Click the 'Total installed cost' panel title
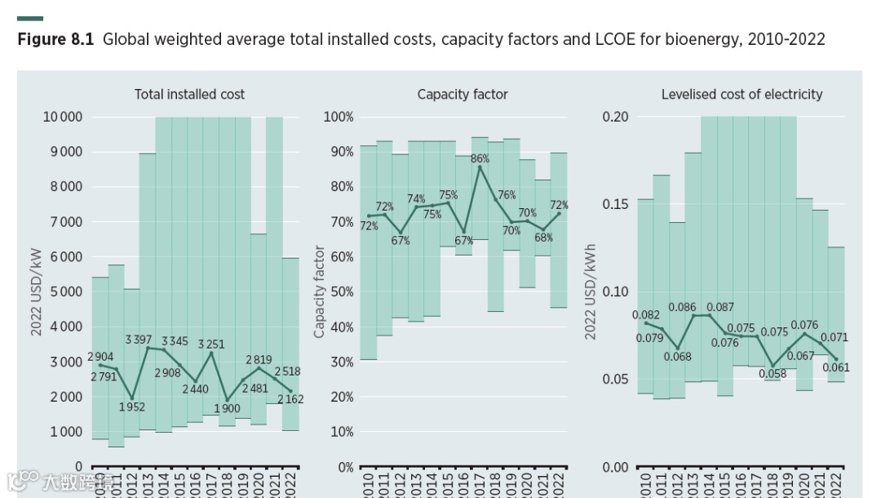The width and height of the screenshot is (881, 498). click(x=189, y=95)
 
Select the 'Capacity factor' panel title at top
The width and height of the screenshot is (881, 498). click(x=463, y=95)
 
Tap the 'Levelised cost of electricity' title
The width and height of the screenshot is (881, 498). click(x=742, y=95)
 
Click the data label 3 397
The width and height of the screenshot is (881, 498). click(x=139, y=340)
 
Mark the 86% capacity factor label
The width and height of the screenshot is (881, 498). click(x=480, y=159)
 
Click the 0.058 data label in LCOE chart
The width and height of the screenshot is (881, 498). click(x=772, y=374)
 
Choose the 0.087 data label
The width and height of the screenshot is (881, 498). click(x=719, y=308)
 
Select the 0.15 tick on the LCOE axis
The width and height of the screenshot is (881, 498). click(x=616, y=204)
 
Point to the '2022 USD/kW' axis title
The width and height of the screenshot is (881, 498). click(x=37, y=291)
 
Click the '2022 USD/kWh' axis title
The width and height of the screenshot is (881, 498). click(x=590, y=291)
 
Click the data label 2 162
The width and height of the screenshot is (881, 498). click(x=290, y=399)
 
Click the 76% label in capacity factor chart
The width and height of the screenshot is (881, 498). click(x=507, y=195)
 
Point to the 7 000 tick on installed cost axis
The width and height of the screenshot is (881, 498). click(x=63, y=222)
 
